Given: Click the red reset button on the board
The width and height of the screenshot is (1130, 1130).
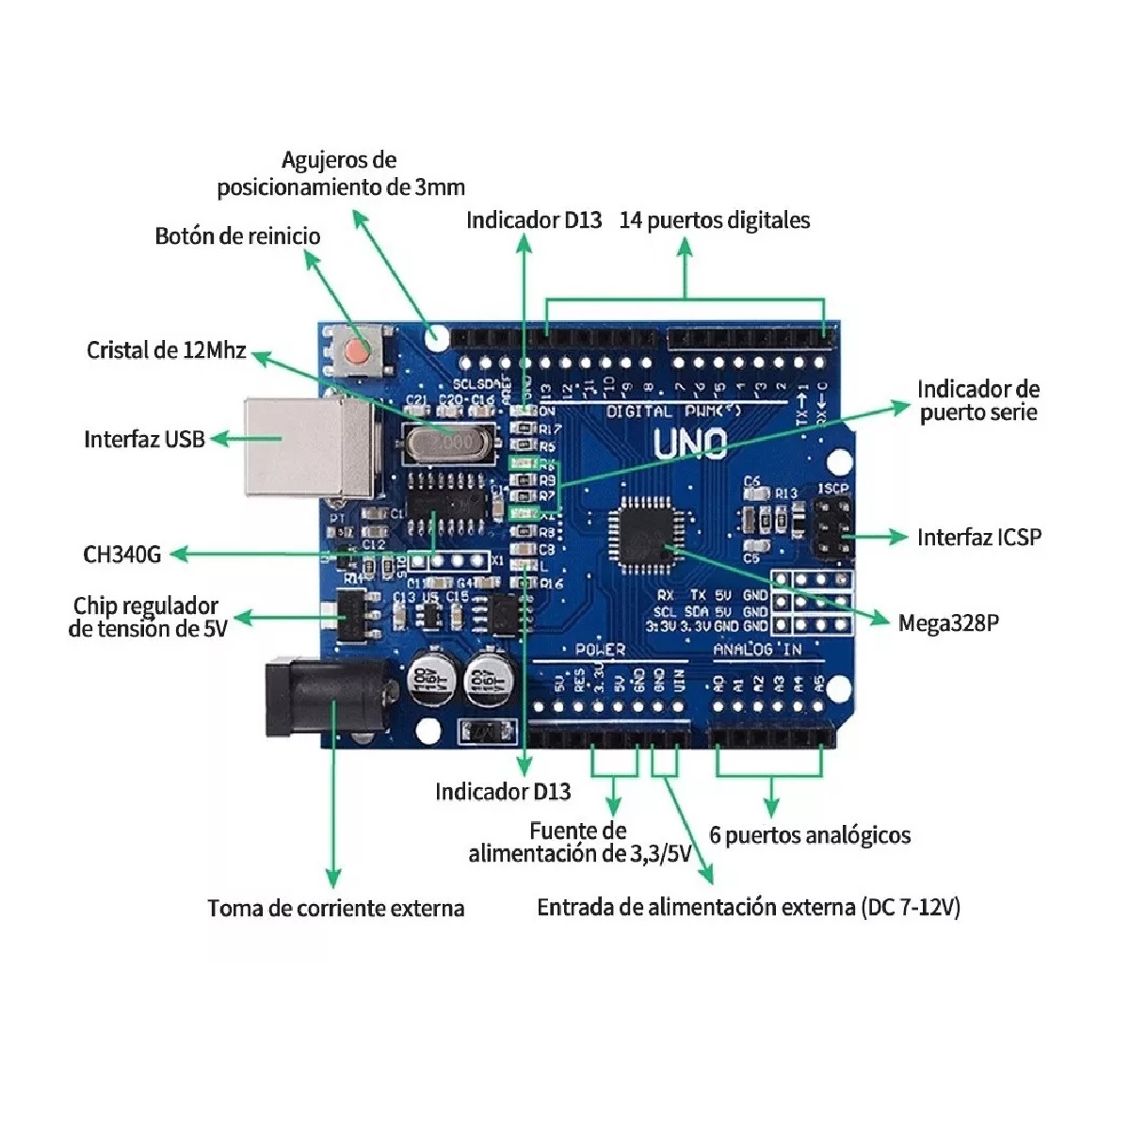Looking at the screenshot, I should (356, 350).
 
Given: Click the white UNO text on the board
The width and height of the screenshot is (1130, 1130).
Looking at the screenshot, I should (690, 443).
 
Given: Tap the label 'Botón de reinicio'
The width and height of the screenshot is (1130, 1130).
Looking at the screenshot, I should (237, 235).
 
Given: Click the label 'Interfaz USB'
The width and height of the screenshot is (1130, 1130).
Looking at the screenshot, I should (144, 439).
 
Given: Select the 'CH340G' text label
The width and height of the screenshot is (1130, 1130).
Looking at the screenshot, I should (121, 554).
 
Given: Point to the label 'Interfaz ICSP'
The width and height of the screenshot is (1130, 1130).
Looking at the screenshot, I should (979, 537).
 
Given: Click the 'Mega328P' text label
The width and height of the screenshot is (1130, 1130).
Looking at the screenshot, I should (948, 622).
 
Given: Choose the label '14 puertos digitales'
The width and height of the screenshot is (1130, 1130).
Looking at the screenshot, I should (714, 220).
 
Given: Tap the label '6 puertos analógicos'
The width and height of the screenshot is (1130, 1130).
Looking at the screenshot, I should (810, 835).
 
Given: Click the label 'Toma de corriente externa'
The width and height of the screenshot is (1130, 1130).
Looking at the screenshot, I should (336, 909).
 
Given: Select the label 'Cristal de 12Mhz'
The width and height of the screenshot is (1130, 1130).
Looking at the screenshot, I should (166, 350).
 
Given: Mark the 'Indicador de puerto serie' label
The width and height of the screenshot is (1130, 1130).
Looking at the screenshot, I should (978, 400).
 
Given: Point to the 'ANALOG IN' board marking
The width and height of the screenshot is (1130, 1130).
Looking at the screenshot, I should (757, 649).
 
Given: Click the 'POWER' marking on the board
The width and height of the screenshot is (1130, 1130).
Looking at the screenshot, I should (599, 649).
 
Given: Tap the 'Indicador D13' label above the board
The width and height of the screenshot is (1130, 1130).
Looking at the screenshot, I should (534, 220).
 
